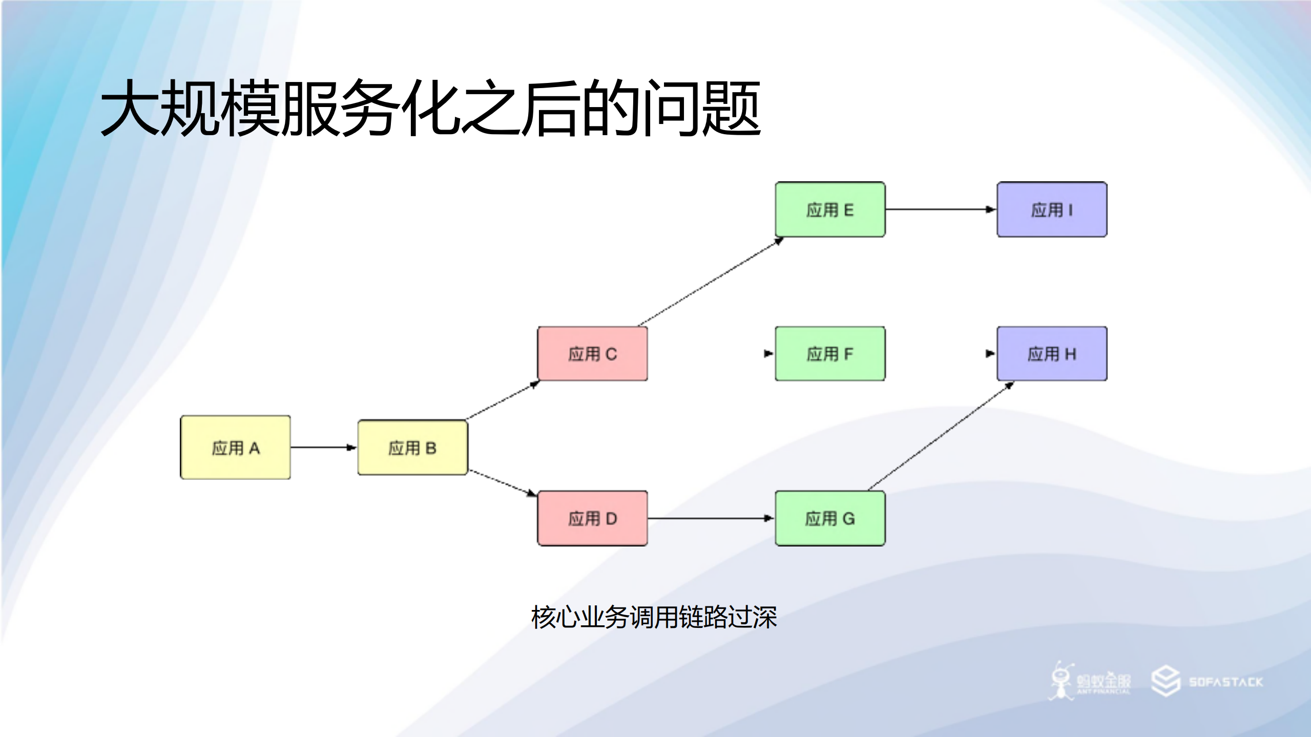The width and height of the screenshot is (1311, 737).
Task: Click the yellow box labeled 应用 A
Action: (235, 447)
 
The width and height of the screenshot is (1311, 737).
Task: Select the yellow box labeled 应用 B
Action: (412, 447)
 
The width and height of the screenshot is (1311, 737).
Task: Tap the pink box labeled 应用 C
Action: (592, 353)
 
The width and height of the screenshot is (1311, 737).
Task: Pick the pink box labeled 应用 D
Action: (592, 518)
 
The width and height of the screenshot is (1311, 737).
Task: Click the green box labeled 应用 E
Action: (830, 209)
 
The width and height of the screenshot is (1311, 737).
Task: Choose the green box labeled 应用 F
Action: (830, 353)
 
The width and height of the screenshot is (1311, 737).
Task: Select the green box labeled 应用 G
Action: (830, 518)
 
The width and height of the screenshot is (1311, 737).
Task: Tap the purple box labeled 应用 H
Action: (1052, 353)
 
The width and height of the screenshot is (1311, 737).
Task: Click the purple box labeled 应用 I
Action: (1052, 209)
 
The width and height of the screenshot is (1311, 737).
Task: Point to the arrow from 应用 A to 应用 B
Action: (323, 447)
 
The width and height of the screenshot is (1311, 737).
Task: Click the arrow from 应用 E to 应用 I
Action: (940, 209)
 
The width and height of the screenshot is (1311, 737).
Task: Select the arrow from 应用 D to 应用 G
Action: (710, 518)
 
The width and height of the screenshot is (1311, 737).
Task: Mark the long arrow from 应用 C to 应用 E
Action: (711, 282)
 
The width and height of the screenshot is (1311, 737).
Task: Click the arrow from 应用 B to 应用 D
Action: (502, 482)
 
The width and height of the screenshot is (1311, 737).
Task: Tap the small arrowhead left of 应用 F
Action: (768, 353)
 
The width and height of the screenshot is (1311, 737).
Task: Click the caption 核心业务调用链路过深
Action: (654, 617)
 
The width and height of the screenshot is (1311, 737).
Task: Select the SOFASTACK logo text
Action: (1225, 682)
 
